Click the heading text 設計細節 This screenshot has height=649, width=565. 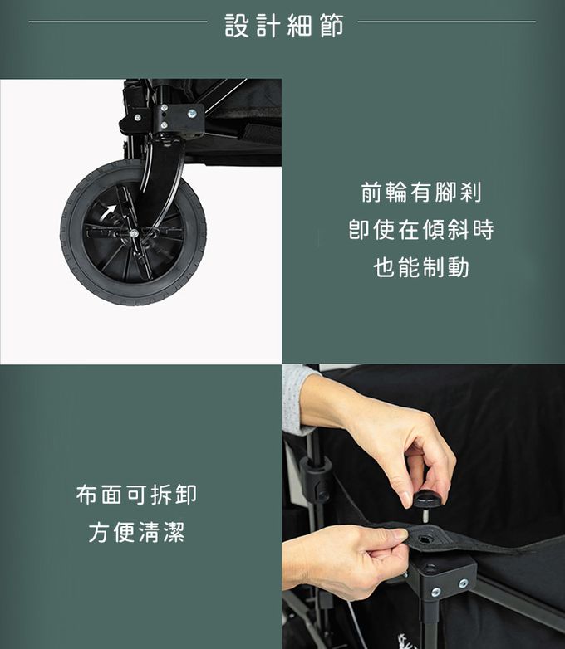284,25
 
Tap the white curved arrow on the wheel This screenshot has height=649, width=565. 109,212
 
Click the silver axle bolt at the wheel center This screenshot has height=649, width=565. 134,233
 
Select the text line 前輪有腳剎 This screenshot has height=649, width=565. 421,193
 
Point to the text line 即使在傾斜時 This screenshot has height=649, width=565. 421,230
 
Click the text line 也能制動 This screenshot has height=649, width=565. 421,267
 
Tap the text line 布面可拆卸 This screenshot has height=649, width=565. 136,494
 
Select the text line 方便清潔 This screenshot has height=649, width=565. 136,532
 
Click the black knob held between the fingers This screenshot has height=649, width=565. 427,500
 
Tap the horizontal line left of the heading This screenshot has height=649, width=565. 118,22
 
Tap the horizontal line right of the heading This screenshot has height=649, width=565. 446,22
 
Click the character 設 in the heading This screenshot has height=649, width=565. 237,26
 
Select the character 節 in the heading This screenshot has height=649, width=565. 332,26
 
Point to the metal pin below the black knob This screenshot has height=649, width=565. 425,516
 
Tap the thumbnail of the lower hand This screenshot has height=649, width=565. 400,534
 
